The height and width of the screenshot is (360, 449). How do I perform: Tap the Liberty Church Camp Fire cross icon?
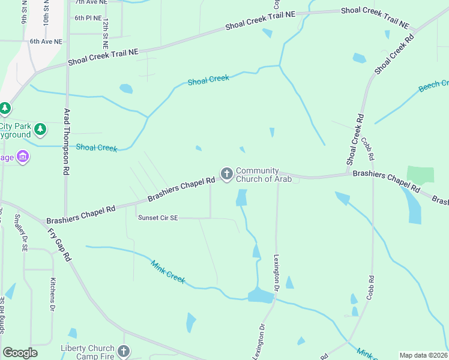(124, 351)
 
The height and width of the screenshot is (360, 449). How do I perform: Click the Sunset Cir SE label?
(158, 218)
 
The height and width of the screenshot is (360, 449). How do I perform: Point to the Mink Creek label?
(168, 272)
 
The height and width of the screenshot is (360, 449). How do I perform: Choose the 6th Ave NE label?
(46, 41)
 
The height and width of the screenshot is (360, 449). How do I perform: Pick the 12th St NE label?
(106, 33)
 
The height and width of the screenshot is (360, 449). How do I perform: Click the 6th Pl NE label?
(88, 18)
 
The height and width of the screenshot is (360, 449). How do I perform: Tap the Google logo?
(20, 353)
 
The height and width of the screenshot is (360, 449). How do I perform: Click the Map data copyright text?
(423, 355)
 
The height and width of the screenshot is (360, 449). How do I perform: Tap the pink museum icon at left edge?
(23, 157)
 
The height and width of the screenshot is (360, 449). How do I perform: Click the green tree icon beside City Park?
(40, 129)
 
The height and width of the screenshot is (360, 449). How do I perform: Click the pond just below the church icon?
(241, 197)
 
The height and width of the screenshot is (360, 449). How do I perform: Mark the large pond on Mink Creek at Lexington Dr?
(261, 295)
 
